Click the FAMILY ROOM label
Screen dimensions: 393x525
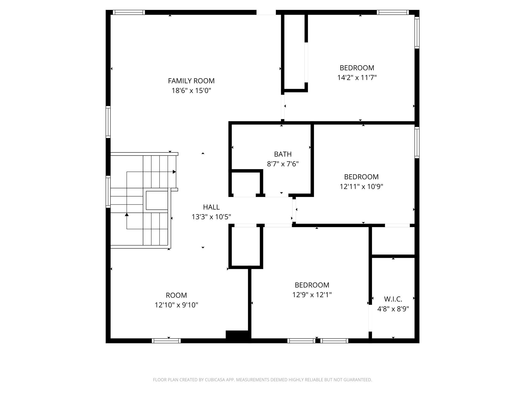tap(191, 81)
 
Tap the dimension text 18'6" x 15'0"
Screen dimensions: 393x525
tap(191, 91)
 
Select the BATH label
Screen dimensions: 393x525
tap(283, 154)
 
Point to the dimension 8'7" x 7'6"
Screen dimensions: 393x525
tap(283, 164)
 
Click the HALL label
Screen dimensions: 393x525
tap(211, 207)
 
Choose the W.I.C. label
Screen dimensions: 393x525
tap(393, 299)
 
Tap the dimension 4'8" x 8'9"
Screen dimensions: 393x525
tap(393, 309)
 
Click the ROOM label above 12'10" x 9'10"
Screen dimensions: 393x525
tap(176, 295)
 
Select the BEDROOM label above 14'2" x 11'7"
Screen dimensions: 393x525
tap(357, 68)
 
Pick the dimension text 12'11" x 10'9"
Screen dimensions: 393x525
tap(361, 187)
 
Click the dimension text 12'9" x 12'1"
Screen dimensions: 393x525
tap(312, 295)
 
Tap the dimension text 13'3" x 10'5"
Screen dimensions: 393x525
tap(211, 217)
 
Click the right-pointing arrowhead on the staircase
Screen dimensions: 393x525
tap(174, 172)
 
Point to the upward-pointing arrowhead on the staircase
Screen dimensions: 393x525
tap(127, 214)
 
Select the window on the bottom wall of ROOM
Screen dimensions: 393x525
tap(166, 341)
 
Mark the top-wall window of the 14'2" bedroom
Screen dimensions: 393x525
tap(392, 12)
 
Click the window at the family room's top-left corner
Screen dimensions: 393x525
tap(129, 12)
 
